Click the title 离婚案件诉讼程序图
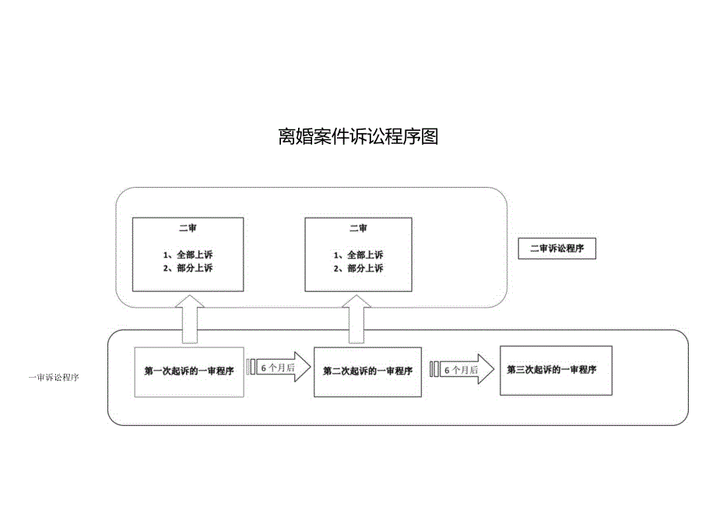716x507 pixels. (358, 137)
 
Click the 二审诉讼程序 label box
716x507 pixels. (556, 249)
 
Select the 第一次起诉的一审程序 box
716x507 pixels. (189, 371)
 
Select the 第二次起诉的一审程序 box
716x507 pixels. (367, 371)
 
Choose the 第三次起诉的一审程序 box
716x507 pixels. (552, 370)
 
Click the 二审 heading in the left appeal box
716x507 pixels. (187, 228)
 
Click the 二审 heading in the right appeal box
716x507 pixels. (358, 228)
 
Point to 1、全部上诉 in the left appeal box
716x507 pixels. (188, 255)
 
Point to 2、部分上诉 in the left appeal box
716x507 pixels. (188, 268)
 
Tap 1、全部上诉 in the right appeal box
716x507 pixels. (358, 255)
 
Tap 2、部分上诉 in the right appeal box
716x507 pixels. (358, 268)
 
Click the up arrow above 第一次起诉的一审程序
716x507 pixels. (189, 319)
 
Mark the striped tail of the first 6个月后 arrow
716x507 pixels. (251, 367)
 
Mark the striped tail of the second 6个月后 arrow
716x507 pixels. (434, 370)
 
